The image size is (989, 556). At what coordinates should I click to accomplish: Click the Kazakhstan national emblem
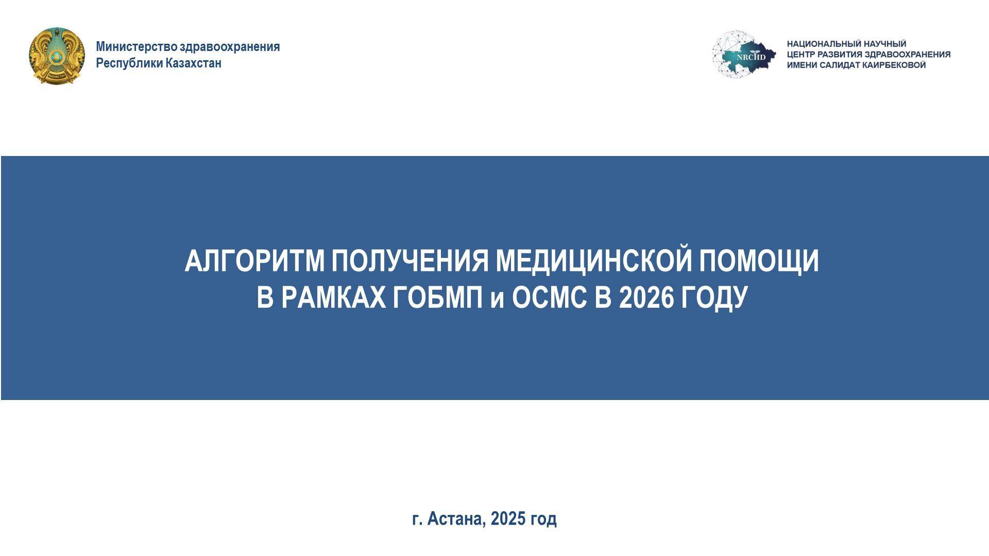pos(57,56)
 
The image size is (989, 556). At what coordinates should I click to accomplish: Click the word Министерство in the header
pos(136,47)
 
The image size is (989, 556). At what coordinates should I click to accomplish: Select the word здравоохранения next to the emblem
pos(230,47)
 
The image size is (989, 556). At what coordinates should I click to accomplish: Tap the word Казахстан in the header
pos(194,63)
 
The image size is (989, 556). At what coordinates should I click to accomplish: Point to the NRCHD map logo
pos(744,55)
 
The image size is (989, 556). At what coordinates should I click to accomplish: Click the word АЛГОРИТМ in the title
pos(254,260)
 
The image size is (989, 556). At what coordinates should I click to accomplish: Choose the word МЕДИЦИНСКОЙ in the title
pos(594,260)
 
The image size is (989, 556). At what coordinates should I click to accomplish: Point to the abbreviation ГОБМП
pos(438,298)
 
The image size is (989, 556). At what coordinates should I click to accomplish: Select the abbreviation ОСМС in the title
pos(549,298)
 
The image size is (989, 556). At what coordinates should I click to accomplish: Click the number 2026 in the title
pos(646,298)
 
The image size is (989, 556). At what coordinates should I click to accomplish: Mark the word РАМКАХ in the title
pos(333,298)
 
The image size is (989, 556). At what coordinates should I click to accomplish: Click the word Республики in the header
pos(129,63)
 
